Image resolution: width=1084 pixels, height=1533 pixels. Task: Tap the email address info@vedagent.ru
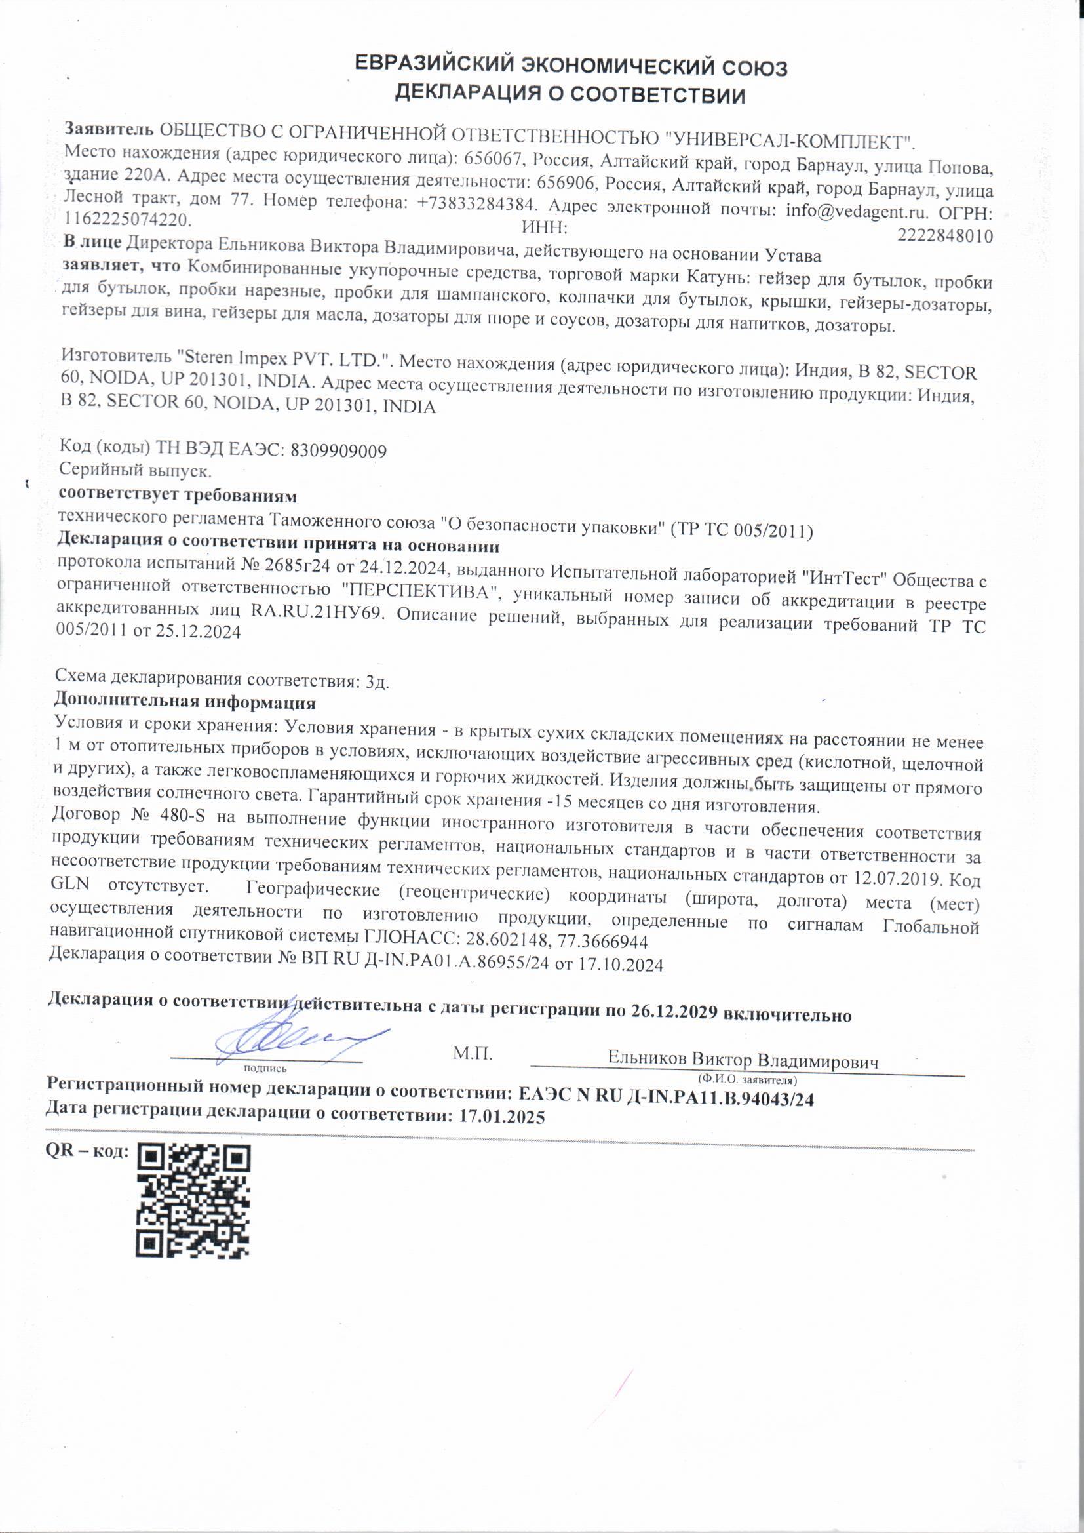[x=857, y=212]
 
